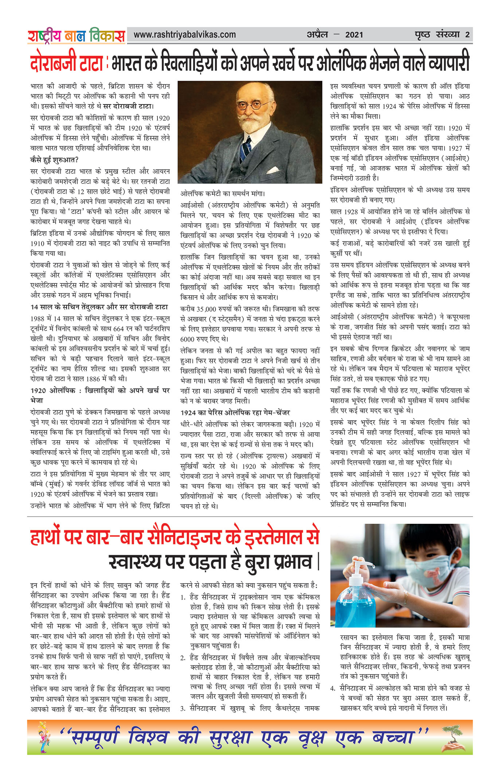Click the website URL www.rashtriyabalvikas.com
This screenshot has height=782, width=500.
pyautogui.click(x=184, y=35)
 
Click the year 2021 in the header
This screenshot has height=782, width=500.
pyautogui.click(x=354, y=35)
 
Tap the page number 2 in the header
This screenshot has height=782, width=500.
pyautogui.click(x=467, y=35)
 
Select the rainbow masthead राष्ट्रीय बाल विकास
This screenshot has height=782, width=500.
pyautogui.click(x=76, y=36)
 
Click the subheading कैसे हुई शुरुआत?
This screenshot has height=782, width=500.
pyautogui.click(x=54, y=160)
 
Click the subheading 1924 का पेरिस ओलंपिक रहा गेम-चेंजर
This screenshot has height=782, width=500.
pyautogui.click(x=235, y=413)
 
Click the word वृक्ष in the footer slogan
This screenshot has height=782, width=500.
pyautogui.click(x=311, y=738)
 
